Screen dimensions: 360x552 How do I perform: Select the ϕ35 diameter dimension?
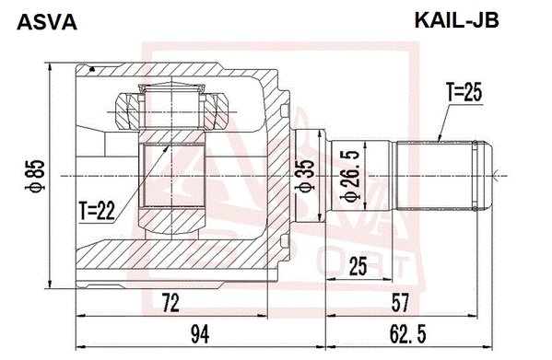[302, 173]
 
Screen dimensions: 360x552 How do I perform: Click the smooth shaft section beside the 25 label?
[378, 172]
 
